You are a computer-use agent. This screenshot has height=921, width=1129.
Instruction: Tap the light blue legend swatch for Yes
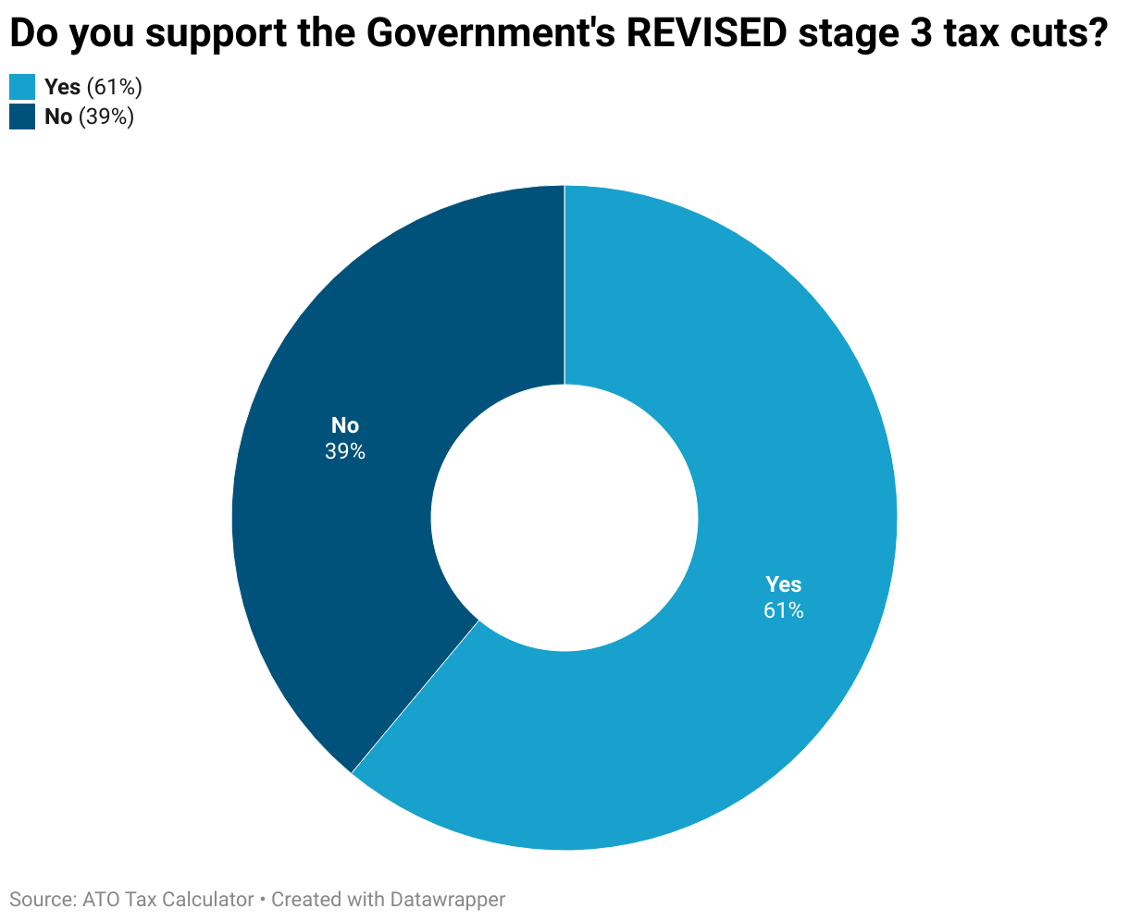click(x=22, y=88)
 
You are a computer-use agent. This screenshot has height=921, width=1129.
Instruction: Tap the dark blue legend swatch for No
click(x=22, y=117)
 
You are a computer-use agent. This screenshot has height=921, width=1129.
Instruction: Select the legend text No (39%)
click(x=89, y=117)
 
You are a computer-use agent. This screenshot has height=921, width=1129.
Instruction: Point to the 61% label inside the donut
click(x=783, y=610)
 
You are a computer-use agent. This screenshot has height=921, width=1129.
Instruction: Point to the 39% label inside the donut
click(x=344, y=452)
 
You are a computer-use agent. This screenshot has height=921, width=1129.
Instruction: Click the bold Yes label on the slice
click(x=783, y=584)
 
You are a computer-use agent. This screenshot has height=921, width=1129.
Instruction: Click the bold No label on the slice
click(x=344, y=425)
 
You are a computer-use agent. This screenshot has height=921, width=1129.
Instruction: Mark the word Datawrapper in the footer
click(x=448, y=900)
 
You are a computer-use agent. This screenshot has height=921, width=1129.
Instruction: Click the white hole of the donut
click(x=564, y=518)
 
